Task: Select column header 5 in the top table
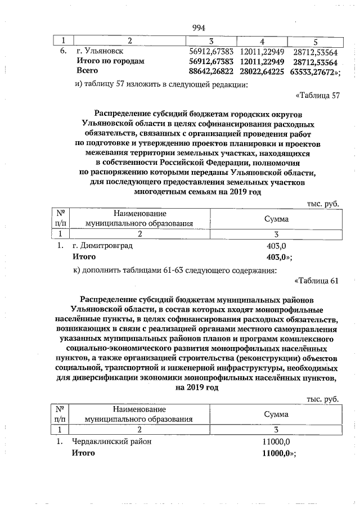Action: tap(315, 41)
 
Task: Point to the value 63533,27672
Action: tap(313, 71)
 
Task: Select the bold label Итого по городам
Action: tap(111, 61)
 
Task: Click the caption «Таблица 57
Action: tap(317, 95)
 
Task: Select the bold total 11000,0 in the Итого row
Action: tap(276, 452)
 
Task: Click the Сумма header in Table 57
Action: tap(276, 218)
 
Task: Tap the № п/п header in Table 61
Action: tap(60, 414)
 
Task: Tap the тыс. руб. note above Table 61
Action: tap(322, 399)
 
